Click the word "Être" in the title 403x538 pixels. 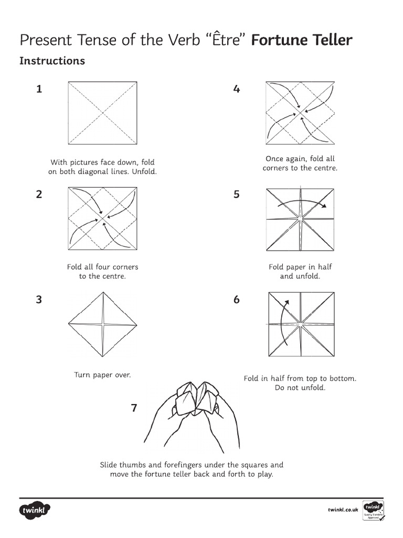pos(228,40)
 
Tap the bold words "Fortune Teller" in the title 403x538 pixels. pos(302,40)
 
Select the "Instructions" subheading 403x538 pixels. pos(52,61)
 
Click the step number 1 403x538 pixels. pos(39,89)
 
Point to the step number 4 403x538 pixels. pos(237,89)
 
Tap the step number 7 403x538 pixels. pos(134,408)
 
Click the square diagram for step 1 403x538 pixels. pos(102,113)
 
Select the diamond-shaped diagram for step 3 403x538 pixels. pos(103,323)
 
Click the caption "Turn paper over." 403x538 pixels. pos(102,375)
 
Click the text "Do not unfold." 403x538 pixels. pos(300,388)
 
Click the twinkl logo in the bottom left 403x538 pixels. pos(35,510)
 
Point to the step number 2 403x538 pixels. pos(39,194)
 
